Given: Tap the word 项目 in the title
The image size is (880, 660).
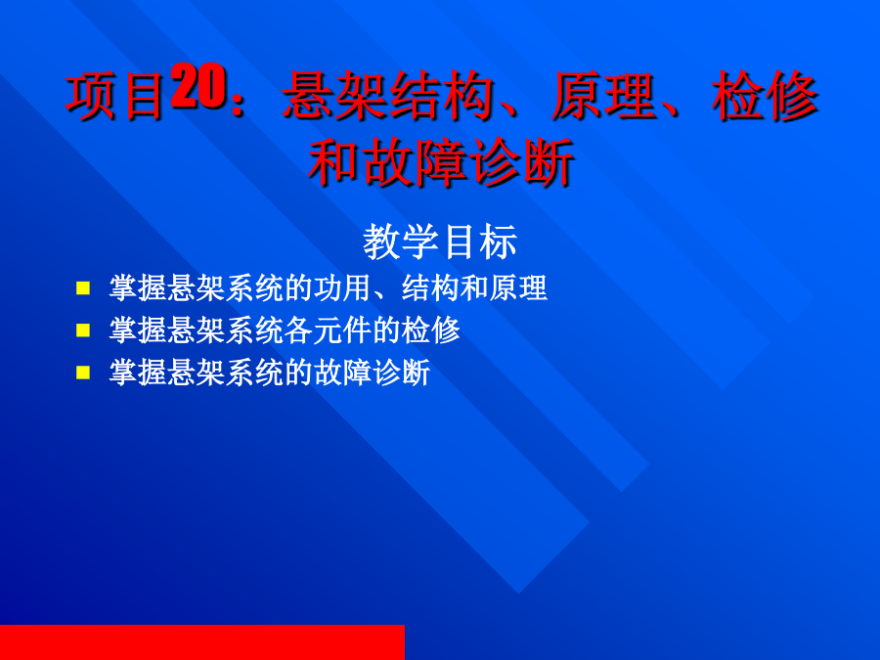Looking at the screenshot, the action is (115, 96).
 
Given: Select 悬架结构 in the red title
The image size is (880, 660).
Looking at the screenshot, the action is (388, 96).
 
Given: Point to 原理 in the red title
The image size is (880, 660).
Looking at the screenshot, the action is (603, 96).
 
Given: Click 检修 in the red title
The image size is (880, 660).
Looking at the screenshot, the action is (765, 96).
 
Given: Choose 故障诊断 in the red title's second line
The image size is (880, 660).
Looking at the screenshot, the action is (468, 162).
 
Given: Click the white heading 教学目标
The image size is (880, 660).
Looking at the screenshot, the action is (440, 242).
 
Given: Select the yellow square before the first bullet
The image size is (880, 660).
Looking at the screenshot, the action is (83, 288).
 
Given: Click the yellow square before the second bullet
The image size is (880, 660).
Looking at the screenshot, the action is (83, 330).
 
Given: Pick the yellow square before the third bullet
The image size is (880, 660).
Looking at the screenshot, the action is (83, 373).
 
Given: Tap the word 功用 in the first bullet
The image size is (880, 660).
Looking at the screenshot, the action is (342, 287).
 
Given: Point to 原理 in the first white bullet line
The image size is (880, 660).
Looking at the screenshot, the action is (518, 287).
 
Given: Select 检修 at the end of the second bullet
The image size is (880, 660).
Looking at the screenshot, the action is (430, 330).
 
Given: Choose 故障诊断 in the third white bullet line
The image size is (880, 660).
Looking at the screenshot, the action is (372, 373).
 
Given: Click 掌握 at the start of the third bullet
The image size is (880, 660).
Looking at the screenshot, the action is (138, 373).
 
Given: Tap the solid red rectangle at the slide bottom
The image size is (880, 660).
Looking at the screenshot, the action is (202, 642).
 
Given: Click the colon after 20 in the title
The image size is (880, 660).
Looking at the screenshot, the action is (238, 101).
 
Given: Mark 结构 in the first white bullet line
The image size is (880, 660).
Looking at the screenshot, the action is (430, 287).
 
